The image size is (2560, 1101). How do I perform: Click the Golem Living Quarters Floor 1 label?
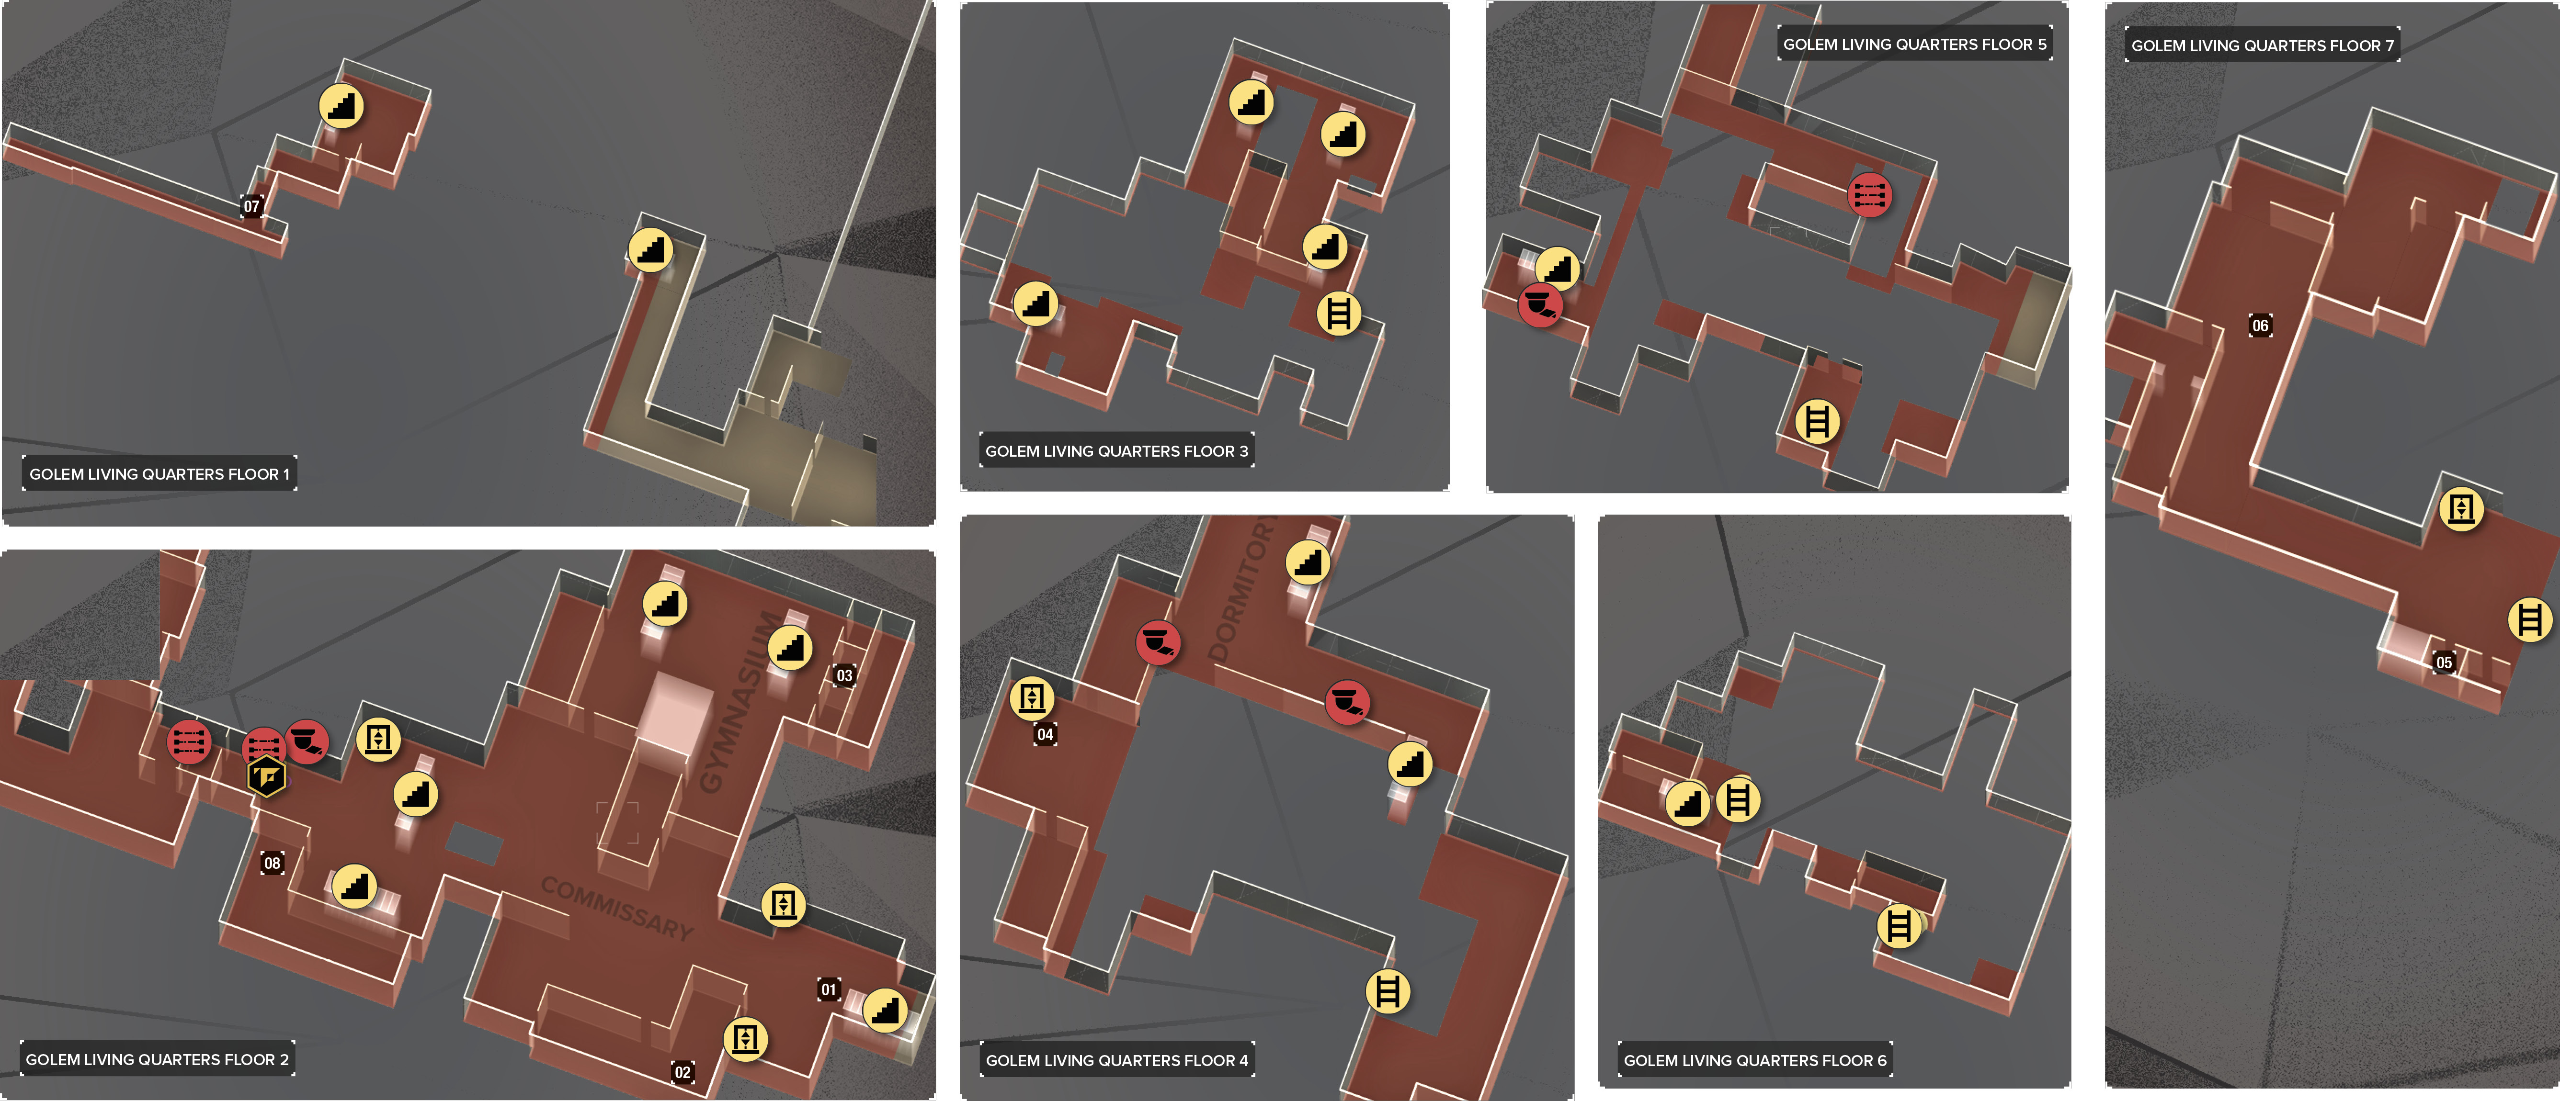[159, 474]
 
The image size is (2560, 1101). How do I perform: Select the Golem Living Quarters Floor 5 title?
[1914, 44]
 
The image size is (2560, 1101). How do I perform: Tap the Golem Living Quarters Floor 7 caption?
[2262, 45]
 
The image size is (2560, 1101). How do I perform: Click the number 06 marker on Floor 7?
[2260, 326]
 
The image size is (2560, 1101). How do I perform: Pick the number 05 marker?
[2444, 663]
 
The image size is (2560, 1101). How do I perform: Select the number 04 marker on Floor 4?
[1045, 734]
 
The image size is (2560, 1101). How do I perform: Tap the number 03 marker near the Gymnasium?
[844, 676]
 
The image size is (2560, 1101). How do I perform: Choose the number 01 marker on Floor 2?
[828, 990]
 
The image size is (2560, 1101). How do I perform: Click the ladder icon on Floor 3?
[1339, 314]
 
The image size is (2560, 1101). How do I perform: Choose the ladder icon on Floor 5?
[1817, 421]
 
